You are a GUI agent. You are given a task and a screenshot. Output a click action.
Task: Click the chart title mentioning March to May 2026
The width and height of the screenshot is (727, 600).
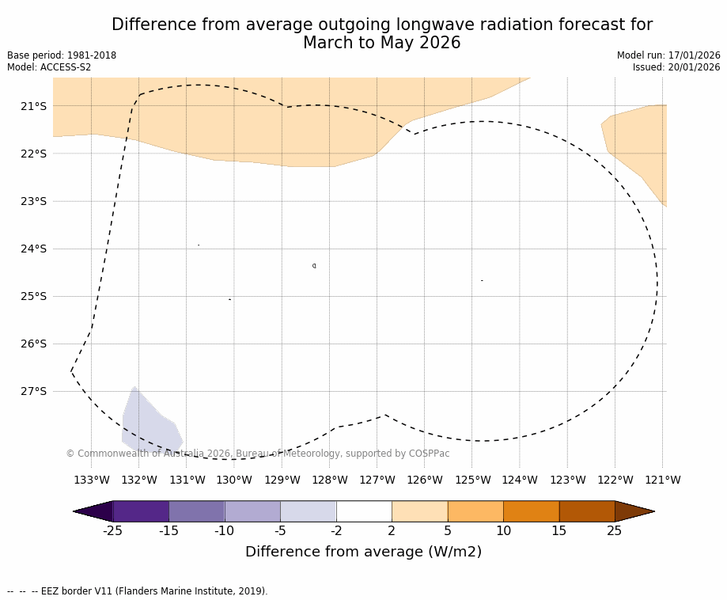pyautogui.click(x=381, y=34)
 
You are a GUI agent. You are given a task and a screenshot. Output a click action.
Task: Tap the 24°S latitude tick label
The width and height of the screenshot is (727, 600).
pyautogui.click(x=32, y=249)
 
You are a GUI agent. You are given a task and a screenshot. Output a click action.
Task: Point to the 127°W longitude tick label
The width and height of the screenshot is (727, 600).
pyautogui.click(x=377, y=480)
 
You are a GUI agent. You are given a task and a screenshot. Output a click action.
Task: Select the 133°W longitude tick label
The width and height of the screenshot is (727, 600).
pyautogui.click(x=91, y=480)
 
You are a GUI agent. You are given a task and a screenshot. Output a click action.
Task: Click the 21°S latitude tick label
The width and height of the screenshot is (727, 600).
pyautogui.click(x=32, y=106)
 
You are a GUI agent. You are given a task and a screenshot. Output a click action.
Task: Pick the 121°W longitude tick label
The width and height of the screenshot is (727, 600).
pyautogui.click(x=662, y=480)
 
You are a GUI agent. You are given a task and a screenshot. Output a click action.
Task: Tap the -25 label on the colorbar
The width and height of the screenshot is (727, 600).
pyautogui.click(x=112, y=531)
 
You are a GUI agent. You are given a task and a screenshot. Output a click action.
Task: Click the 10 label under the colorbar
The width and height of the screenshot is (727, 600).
pyautogui.click(x=503, y=531)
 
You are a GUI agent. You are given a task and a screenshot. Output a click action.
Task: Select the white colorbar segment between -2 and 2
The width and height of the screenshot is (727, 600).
pyautogui.click(x=364, y=511)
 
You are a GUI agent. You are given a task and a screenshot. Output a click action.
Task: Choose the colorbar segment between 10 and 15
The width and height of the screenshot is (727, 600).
pyautogui.click(x=531, y=511)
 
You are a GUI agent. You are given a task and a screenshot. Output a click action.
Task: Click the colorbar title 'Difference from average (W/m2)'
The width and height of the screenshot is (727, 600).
pyautogui.click(x=363, y=552)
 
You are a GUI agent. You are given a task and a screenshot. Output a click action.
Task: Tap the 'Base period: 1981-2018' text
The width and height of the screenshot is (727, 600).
pyautogui.click(x=62, y=55)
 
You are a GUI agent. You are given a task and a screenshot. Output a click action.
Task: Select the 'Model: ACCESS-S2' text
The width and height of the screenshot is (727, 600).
pyautogui.click(x=49, y=67)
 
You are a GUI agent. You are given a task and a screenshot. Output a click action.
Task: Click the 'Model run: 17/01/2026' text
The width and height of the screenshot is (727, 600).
pyautogui.click(x=668, y=55)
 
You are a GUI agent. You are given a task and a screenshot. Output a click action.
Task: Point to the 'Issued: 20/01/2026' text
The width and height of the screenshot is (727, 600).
pyautogui.click(x=676, y=67)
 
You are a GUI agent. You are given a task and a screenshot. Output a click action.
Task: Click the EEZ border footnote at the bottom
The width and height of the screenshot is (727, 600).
pyautogui.click(x=138, y=591)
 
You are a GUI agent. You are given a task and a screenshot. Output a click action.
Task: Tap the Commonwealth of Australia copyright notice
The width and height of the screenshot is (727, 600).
pyautogui.click(x=257, y=454)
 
